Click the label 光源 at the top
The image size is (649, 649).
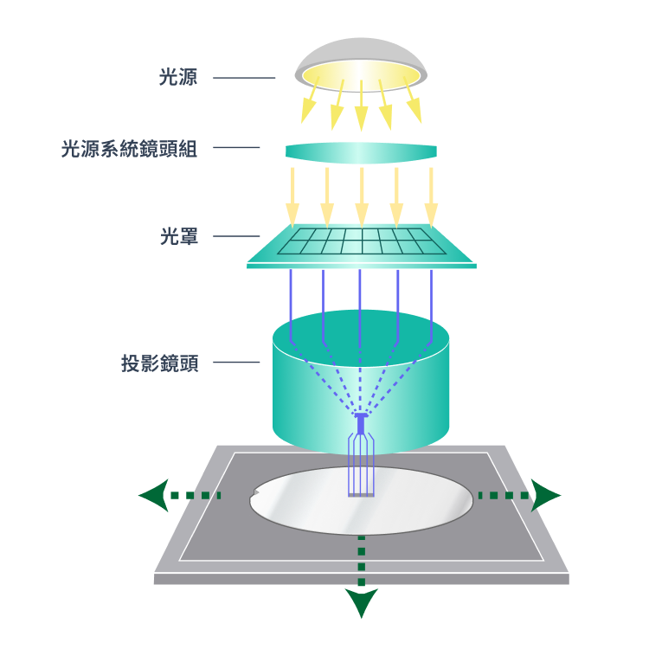pos(179,78)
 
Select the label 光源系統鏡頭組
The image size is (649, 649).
pos(130,149)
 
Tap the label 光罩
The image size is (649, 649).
pos(179,235)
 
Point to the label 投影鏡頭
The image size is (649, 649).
pos(160,363)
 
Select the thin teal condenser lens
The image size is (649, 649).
pos(361,152)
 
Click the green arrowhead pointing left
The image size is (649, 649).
pos(151,497)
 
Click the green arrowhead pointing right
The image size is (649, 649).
pos(547,496)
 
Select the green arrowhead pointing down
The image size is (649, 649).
pos(361,602)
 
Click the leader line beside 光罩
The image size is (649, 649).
pos(235,235)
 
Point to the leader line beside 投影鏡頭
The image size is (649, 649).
pos(235,363)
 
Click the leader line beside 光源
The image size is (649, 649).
pos(243,78)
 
